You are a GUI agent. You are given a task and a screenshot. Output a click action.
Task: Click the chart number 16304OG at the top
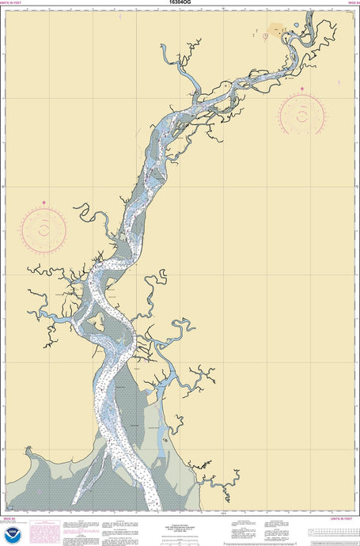180,3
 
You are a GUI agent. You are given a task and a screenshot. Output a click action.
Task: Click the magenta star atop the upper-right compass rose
302,89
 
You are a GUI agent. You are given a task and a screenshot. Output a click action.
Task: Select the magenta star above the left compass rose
44,203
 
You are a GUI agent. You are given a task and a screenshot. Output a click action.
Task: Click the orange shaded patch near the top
276,31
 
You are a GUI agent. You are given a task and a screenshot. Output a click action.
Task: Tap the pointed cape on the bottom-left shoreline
29,450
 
